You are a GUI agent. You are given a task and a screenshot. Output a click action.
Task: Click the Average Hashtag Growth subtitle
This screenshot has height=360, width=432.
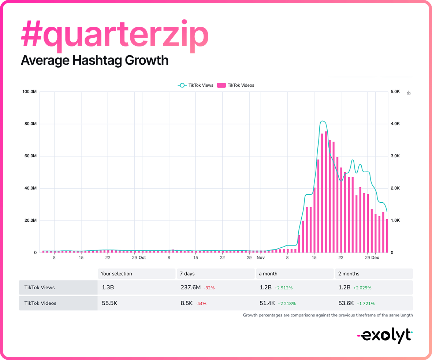94,60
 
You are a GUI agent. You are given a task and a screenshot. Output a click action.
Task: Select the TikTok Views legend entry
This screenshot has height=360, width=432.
196,85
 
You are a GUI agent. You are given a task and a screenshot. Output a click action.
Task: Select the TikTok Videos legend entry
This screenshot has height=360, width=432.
236,85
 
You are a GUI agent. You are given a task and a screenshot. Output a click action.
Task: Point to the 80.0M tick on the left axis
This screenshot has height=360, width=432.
30,124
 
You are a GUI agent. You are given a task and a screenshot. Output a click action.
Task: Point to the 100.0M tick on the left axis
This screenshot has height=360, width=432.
29,91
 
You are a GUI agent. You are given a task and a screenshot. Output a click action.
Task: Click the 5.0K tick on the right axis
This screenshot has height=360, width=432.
395,91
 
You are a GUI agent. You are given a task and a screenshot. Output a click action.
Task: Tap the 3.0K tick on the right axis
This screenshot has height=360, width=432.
395,156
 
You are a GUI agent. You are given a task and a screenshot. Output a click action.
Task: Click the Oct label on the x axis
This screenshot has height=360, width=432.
142,258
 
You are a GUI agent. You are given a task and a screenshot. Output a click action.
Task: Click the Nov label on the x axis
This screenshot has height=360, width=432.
260,258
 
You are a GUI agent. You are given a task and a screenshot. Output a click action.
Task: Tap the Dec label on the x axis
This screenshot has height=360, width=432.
375,258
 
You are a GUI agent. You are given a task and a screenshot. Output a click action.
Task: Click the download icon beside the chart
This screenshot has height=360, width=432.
409,93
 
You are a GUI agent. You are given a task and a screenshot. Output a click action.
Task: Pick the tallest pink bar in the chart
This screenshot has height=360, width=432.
326,192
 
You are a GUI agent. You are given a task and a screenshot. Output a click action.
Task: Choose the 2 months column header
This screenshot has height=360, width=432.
349,274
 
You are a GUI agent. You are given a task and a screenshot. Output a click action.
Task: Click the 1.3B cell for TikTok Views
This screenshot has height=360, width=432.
108,288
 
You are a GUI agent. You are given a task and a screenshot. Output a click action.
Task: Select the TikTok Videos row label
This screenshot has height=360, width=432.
40,303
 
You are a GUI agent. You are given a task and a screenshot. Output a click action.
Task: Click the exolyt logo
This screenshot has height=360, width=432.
384,335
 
